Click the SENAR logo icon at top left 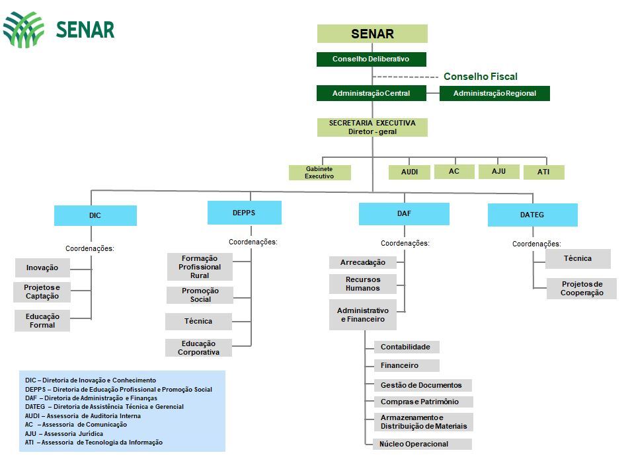coord(24,30)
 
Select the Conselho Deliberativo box coord(371,59)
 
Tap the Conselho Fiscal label coord(480,77)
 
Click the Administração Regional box coord(494,94)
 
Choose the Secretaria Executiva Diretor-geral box coord(372,127)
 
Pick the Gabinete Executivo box coord(319,172)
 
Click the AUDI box coord(409,172)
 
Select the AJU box coord(498,172)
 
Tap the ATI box coord(543,172)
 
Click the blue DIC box coord(95,216)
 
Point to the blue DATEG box coord(532,215)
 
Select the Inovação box coord(42,268)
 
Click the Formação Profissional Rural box coord(200,267)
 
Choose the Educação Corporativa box coord(198,348)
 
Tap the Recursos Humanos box coord(362,284)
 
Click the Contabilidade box coord(405,347)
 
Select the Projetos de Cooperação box coord(582,289)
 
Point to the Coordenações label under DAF coord(405,243)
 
